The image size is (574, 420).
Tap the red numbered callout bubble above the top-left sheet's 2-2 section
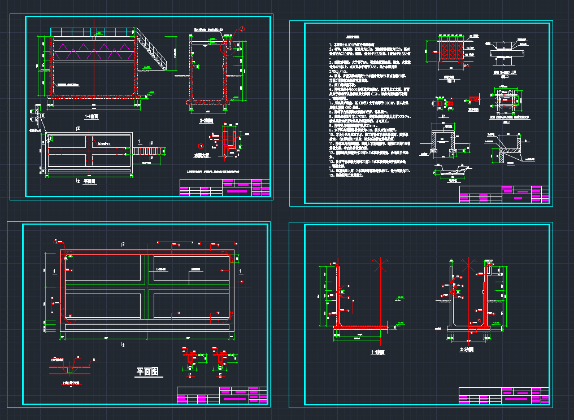pos(242,28)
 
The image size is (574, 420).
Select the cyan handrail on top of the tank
pos(93,32)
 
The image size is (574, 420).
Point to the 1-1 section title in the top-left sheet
pos(92,117)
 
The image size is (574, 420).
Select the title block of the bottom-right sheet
pos(504,395)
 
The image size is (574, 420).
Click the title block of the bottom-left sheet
pos(222,395)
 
